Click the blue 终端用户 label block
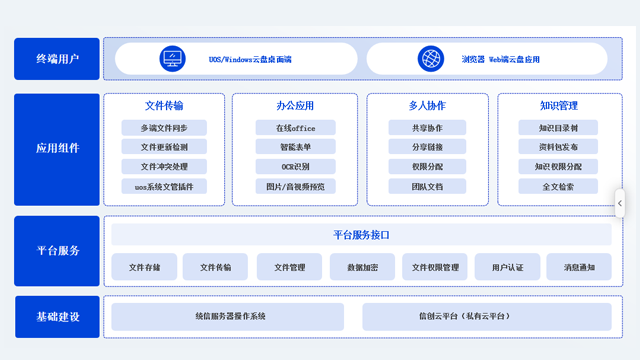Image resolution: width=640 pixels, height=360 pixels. click(x=57, y=59)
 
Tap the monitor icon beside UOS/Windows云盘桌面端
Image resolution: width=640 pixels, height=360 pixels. click(x=174, y=59)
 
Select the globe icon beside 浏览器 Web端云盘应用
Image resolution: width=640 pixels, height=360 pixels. click(x=431, y=59)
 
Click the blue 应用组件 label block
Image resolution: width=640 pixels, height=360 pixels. click(x=57, y=148)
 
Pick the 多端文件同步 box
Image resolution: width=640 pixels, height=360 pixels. click(x=164, y=128)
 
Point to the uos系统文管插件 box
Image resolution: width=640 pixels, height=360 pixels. click(x=164, y=186)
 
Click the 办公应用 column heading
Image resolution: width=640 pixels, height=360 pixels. click(x=295, y=106)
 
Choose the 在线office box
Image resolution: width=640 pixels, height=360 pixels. click(x=295, y=128)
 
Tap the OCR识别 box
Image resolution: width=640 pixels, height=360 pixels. click(x=295, y=166)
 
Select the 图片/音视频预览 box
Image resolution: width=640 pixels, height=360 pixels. click(x=295, y=186)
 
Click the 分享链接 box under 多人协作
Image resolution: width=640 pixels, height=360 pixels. click(x=427, y=147)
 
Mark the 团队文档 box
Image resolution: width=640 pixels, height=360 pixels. click(x=427, y=186)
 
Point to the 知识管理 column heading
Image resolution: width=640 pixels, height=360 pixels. click(x=558, y=106)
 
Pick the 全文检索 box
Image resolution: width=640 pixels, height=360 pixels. click(x=558, y=186)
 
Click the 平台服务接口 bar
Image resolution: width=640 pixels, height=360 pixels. click(x=361, y=235)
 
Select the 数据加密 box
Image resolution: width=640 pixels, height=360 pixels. click(x=362, y=267)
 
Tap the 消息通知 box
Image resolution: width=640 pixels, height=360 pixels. click(x=579, y=267)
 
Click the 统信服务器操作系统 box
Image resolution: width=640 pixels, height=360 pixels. click(x=228, y=317)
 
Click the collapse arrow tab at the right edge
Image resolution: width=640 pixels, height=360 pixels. click(x=620, y=203)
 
